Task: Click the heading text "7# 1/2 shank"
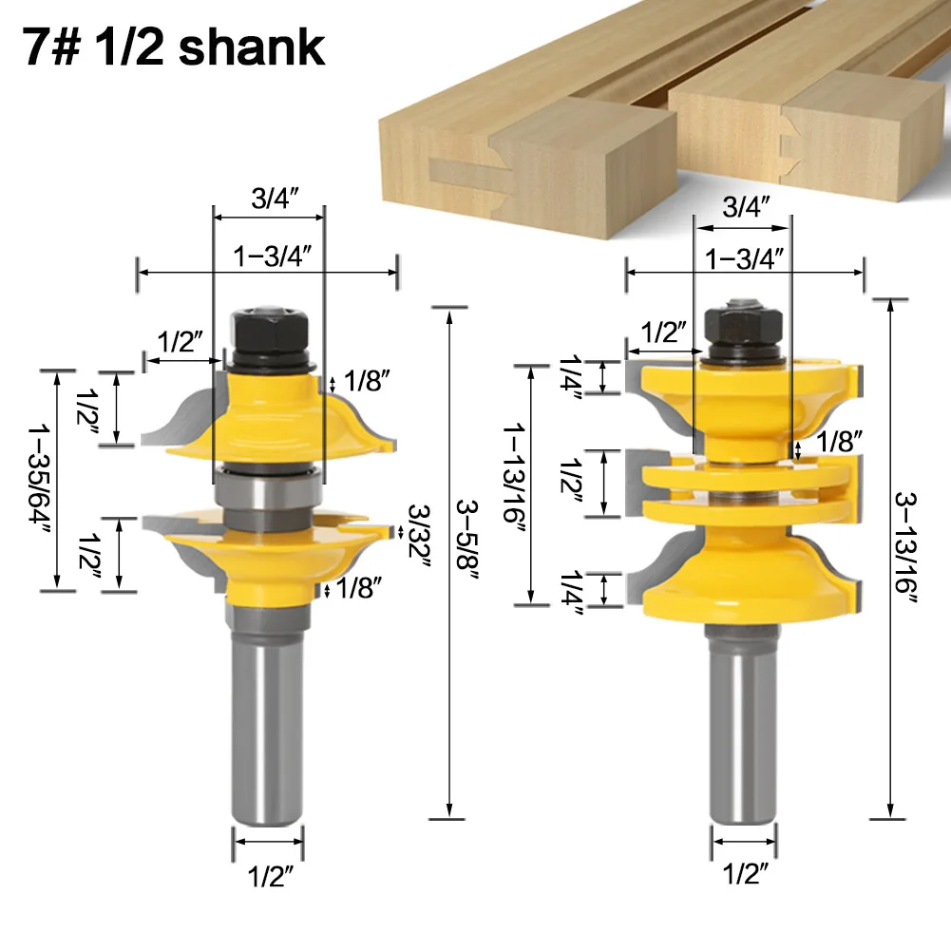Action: [174, 48]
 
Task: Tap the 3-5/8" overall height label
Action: [467, 540]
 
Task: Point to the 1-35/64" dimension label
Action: [39, 478]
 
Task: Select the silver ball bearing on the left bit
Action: [268, 489]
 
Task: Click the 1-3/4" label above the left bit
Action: [273, 256]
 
